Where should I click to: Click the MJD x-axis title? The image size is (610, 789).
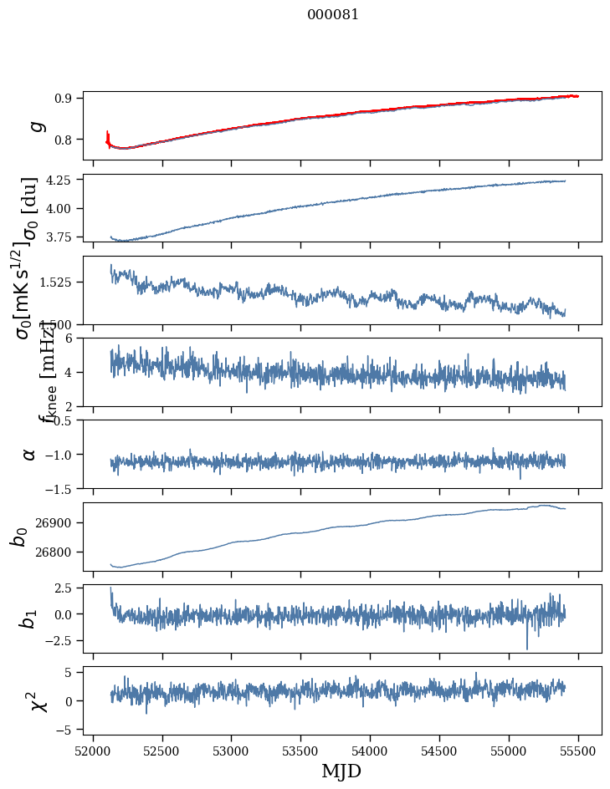point(341,771)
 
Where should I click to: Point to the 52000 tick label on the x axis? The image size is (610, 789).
point(93,751)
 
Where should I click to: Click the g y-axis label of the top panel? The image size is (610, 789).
point(35,126)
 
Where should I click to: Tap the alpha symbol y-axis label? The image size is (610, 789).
point(29,454)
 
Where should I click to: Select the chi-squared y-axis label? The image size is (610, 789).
point(37,700)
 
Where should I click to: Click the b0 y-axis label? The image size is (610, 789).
point(20,536)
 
